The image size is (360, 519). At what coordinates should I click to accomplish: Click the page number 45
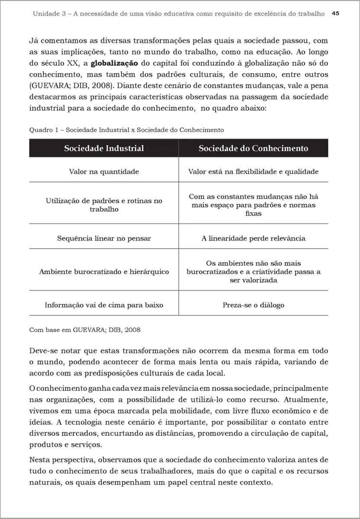coord(335,13)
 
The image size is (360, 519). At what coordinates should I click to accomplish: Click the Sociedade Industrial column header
coord(104,148)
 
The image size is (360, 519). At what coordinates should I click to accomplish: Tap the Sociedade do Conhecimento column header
coord(253,148)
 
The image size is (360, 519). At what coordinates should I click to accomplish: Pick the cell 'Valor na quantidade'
coord(104,172)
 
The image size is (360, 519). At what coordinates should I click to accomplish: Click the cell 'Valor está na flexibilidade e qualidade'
coord(253,172)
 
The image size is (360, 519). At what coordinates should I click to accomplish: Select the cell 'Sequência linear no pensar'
coord(104,238)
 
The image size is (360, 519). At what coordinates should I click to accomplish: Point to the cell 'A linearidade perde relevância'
coord(253,238)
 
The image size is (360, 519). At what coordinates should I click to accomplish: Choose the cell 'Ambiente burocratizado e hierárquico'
coord(104,272)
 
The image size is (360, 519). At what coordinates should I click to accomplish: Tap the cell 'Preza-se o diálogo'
coord(253,305)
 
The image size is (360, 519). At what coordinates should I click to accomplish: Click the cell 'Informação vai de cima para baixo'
coord(104,305)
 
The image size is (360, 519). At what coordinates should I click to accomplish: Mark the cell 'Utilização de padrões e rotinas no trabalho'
coord(104,205)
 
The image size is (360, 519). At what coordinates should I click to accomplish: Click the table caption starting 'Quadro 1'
coord(126,130)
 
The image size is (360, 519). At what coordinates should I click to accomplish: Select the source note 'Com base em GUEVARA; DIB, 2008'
coord(84,330)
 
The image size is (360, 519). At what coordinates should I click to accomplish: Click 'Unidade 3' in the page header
coord(48,14)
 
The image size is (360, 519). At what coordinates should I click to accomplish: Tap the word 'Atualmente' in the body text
coord(309,400)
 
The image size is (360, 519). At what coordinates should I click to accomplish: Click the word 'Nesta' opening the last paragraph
coord(39,459)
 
